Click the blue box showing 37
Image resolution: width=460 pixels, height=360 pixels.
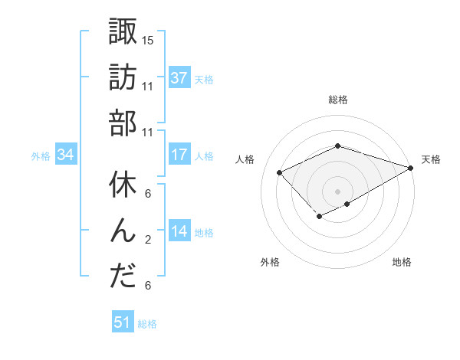pos(179,77)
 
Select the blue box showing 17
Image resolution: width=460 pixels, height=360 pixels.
pos(179,155)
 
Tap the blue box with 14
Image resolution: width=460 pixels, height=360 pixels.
pos(179,231)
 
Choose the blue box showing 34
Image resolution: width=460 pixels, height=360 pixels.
pos(65,155)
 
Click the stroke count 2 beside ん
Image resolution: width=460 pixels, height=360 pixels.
pos(149,240)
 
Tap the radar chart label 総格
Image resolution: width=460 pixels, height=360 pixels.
pos(337,100)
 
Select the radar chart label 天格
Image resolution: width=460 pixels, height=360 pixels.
pos(431,159)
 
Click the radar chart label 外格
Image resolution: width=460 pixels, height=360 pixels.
pos(270,262)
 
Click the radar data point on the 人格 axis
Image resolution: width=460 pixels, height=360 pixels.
pos(280,172)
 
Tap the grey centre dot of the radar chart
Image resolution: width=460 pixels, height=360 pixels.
pos(337,191)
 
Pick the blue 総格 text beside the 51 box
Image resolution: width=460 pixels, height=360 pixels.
pos(147,324)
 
